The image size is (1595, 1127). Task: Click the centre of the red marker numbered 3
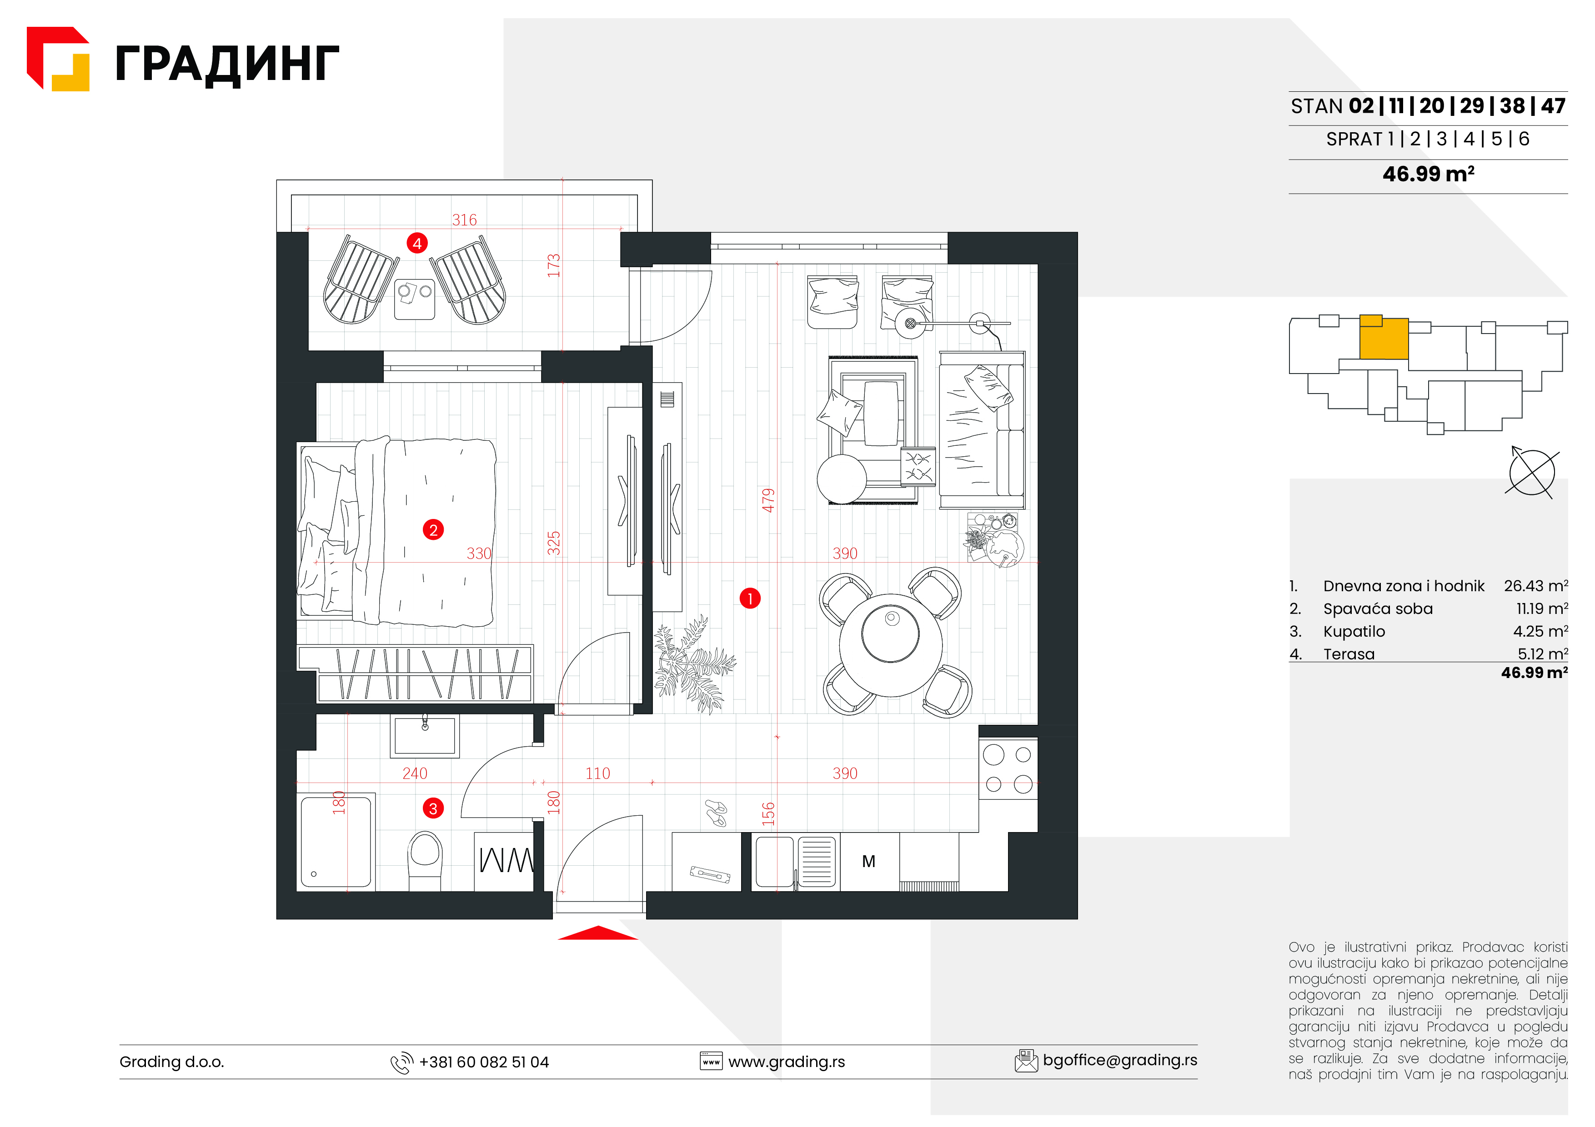[433, 808]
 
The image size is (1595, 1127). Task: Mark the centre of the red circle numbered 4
[417, 243]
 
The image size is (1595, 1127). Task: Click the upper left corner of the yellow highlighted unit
[1359, 315]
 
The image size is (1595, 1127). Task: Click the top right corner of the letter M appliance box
[900, 833]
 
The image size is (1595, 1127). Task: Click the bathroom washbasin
[425, 736]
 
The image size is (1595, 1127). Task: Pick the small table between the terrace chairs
[415, 299]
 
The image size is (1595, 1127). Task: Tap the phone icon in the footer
[401, 1063]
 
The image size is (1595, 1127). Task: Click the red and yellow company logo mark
[58, 59]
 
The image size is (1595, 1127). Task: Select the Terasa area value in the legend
[1542, 653]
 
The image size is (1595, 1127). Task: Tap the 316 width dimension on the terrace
[465, 220]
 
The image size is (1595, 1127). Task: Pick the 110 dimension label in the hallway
[597, 773]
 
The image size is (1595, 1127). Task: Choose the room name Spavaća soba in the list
[1378, 609]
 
